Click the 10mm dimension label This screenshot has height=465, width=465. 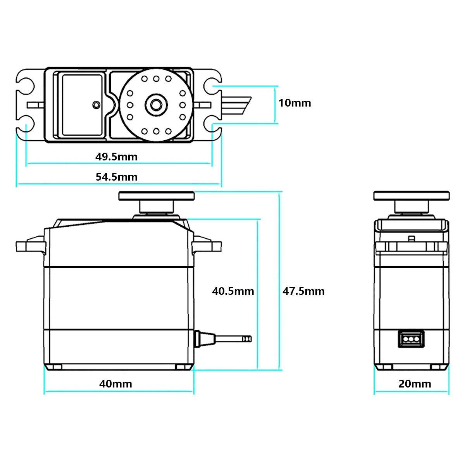point(294,103)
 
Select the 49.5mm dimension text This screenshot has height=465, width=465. point(116,157)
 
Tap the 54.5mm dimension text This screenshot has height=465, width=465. point(116,177)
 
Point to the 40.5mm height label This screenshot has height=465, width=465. point(233,291)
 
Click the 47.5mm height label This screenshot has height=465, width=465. point(303,291)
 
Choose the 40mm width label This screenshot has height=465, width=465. point(115,384)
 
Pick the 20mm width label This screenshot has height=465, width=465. point(415,384)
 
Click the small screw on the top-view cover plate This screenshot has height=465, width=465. point(96,104)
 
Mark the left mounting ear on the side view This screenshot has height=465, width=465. point(30,245)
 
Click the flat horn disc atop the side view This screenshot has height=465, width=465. point(156,196)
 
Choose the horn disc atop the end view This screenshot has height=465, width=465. point(411,196)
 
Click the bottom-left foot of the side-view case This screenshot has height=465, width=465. point(54,367)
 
